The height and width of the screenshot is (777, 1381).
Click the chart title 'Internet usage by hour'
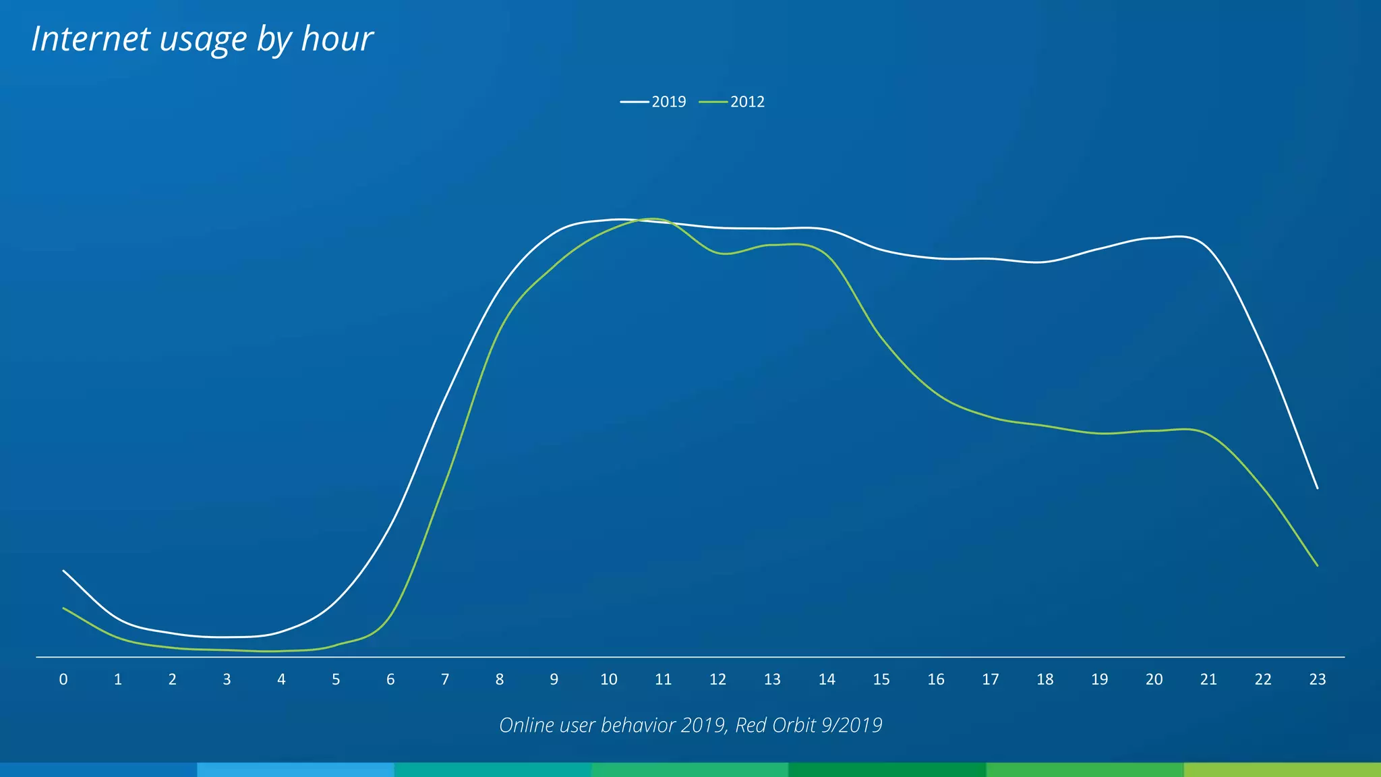(x=202, y=39)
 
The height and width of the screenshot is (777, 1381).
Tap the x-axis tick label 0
(x=63, y=680)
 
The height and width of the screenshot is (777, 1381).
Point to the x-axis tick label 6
(x=390, y=680)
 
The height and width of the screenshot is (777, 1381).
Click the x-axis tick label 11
(x=663, y=680)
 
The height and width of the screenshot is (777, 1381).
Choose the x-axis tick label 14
(x=827, y=680)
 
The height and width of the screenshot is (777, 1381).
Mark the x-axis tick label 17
(x=990, y=680)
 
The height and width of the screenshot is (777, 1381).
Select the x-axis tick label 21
(x=1208, y=680)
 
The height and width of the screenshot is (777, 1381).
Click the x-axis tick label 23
(x=1317, y=680)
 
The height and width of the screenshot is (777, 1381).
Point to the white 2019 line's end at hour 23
(x=1317, y=488)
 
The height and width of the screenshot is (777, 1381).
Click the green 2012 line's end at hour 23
(x=1317, y=565)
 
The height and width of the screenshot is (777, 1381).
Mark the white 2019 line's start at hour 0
(x=63, y=571)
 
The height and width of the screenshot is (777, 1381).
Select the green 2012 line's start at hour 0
(x=63, y=608)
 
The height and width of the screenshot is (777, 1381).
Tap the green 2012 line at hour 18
(x=1045, y=426)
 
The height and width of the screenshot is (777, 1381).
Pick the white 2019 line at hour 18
(x=1045, y=262)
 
